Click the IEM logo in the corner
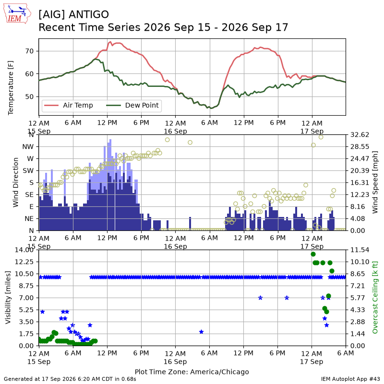point(17,13)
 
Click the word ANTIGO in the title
point(89,14)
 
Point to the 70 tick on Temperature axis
point(29,51)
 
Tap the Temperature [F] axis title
point(11,88)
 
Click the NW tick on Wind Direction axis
point(28,147)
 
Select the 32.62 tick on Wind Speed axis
point(360,135)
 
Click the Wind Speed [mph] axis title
point(375,182)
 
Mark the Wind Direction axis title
point(16,182)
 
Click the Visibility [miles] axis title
point(8,298)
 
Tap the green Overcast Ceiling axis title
point(375,298)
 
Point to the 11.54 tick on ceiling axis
point(360,250)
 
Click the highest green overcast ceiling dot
point(313,254)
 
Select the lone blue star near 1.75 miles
point(201,332)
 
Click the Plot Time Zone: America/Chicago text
point(192,372)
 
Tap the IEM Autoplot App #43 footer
point(351,379)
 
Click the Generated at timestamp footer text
point(70,379)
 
